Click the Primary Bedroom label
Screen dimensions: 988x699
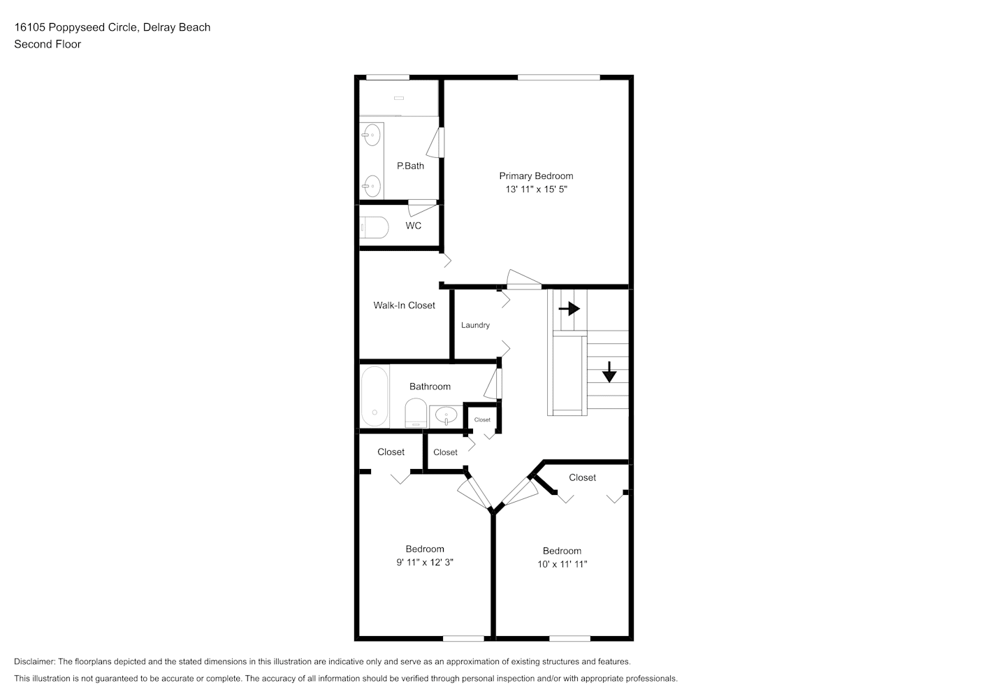(x=536, y=176)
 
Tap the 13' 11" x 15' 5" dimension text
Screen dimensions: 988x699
(x=536, y=189)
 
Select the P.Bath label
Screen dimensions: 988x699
(x=410, y=166)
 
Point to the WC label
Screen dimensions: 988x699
(x=413, y=226)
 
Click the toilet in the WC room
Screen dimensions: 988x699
(x=374, y=228)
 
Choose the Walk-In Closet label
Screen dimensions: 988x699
(x=404, y=305)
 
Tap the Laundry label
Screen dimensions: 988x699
(x=475, y=325)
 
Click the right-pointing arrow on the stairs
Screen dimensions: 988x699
(x=569, y=308)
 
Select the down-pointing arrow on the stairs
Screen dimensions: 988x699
(x=609, y=372)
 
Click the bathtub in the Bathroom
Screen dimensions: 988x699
(x=375, y=396)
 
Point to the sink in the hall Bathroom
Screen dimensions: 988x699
(x=446, y=416)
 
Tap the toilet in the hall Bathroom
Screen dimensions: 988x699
(x=416, y=413)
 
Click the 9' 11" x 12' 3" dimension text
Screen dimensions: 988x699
(x=425, y=562)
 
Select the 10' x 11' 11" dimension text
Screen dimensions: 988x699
(x=562, y=564)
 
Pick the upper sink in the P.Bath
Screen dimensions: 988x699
(x=372, y=135)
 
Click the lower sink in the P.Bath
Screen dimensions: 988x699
(x=372, y=186)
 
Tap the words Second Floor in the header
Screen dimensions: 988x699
(x=48, y=44)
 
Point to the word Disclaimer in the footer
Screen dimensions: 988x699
(x=34, y=661)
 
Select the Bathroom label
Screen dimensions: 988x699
(x=430, y=387)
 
